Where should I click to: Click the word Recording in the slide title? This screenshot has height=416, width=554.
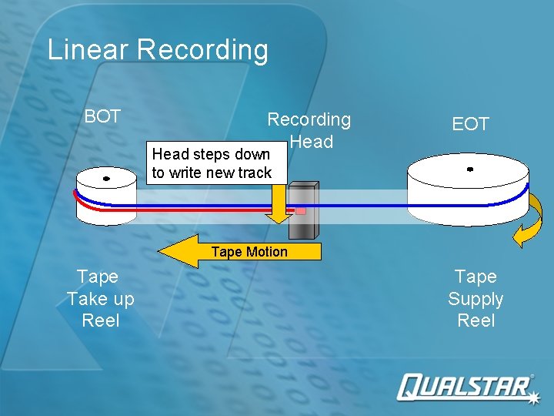pyautogui.click(x=203, y=50)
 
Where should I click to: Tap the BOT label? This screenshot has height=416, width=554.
pyautogui.click(x=102, y=116)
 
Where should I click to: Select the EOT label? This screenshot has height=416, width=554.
pyautogui.click(x=470, y=124)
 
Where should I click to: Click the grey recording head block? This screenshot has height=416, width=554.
pyautogui.click(x=304, y=213)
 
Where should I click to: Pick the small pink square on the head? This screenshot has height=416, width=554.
pyautogui.click(x=301, y=210)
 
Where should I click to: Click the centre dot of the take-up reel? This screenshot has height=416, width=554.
pyautogui.click(x=106, y=179)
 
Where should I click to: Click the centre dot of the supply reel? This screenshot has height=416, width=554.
pyautogui.click(x=469, y=169)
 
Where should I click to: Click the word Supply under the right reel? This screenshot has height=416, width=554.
pyautogui.click(x=476, y=299)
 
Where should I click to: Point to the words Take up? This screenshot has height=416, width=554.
pyautogui.click(x=100, y=299)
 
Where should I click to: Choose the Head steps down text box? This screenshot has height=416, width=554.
pyautogui.click(x=212, y=163)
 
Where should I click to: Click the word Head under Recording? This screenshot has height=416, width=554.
pyautogui.click(x=312, y=142)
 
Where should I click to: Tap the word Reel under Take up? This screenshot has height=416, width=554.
pyautogui.click(x=100, y=320)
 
